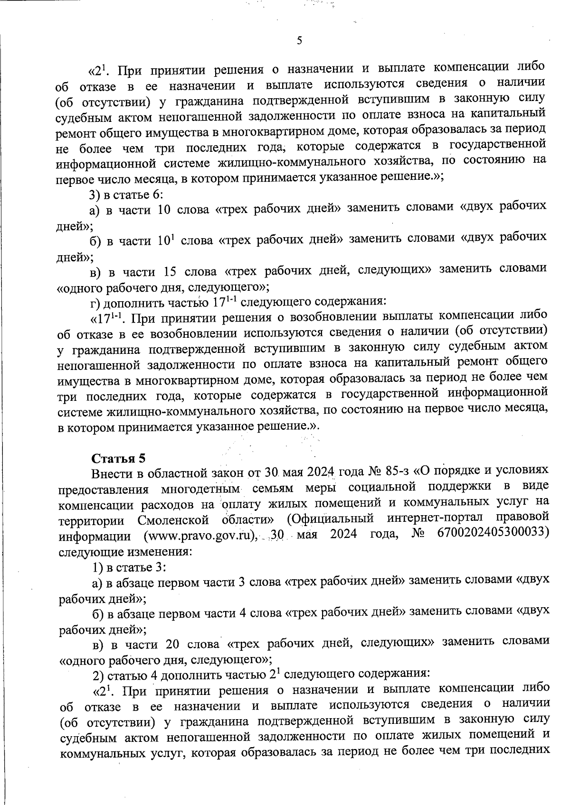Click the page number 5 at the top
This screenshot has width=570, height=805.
coord(299,41)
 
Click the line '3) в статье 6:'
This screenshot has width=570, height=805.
coord(126,194)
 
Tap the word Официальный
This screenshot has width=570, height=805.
coord(333,518)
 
